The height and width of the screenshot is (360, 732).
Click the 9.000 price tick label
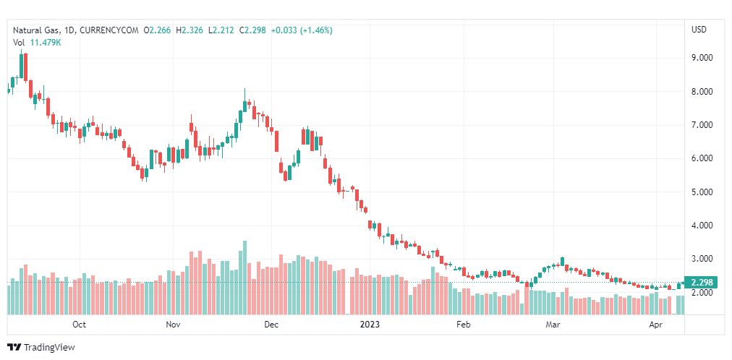coord(702,58)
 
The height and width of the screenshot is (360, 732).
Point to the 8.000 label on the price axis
coord(702,92)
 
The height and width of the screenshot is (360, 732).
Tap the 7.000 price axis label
coord(702,125)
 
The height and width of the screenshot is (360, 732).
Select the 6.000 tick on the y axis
coord(702,158)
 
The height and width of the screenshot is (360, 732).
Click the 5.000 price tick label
coord(702,192)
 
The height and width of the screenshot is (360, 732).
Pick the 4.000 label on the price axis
coord(702,226)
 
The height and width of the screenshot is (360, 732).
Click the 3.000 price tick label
coord(702,259)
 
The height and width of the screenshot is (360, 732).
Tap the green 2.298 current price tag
coord(702,283)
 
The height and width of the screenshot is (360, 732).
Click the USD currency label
coord(699,30)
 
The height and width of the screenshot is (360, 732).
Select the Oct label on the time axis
coord(80,325)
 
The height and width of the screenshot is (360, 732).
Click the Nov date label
coord(172,325)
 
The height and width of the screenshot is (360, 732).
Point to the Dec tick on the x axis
coord(271,325)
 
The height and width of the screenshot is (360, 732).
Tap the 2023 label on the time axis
coord(369,325)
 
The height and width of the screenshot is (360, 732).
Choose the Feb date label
coord(463,325)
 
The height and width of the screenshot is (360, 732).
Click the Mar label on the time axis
coord(553,325)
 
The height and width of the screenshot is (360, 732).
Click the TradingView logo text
coord(49,348)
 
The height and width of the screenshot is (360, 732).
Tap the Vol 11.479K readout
coord(37,42)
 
